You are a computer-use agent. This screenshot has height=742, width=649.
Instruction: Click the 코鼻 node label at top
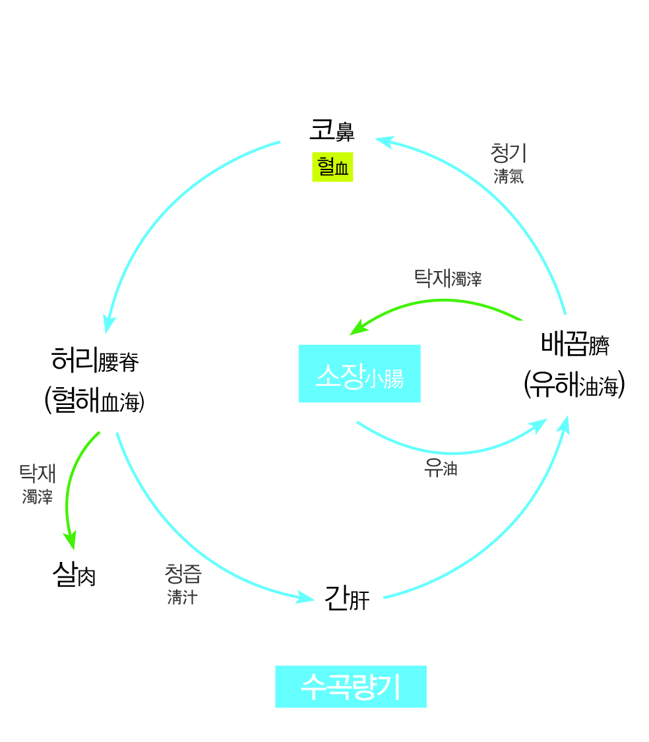pos(332,131)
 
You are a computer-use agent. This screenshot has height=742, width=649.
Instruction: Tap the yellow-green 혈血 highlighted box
pos(332,168)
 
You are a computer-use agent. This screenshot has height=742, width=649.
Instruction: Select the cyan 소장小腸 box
pos(359,373)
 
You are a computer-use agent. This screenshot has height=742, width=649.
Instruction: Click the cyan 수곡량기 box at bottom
pos(350,687)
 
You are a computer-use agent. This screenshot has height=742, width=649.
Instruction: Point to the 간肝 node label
pos(347,598)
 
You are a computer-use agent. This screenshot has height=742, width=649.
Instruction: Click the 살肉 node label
pos(74,575)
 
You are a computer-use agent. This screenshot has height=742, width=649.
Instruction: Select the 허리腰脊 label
pos(95,360)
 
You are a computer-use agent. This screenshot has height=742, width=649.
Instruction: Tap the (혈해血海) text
pos(94,400)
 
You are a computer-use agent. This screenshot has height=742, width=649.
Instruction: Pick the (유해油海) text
pos(574,385)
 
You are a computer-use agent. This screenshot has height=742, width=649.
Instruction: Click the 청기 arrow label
pos(509,153)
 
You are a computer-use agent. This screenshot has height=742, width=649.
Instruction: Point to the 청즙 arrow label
pos(183,573)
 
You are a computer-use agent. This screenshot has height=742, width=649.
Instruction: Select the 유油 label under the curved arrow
pos(441,469)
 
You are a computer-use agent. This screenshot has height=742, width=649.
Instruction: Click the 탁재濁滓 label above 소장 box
pos(447,278)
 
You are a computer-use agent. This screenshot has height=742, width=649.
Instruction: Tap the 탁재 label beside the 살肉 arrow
pos(38,474)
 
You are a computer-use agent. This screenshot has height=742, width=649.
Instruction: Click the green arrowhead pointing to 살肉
pos(70,541)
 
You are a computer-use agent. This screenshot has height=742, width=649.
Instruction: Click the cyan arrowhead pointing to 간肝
pos(307,598)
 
